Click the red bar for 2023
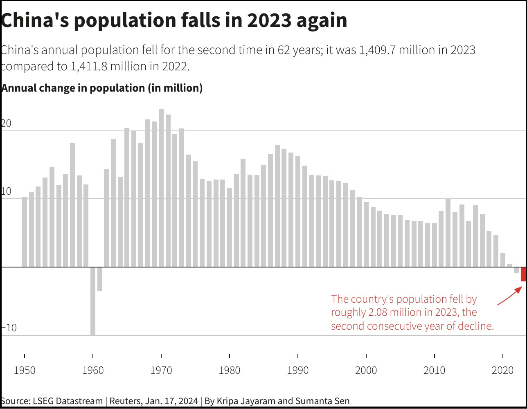[523, 274]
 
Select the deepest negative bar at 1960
[93, 301]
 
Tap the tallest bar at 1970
[161, 188]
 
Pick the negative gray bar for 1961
[100, 279]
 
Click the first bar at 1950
[25, 232]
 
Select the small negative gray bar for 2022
[516, 270]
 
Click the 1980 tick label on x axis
[230, 371]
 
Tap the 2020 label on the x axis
[502, 371]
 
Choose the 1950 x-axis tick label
[25, 371]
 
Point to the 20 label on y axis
[6, 124]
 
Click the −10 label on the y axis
[9, 328]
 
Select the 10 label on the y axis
[6, 192]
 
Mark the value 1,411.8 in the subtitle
[89, 66]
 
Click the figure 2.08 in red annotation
[378, 312]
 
